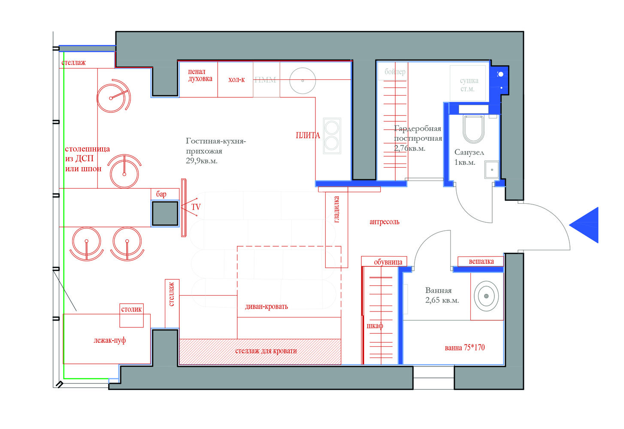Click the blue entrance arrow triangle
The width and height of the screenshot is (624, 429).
(586, 225)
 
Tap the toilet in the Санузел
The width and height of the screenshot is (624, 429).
(473, 129)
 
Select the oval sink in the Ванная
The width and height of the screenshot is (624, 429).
(486, 296)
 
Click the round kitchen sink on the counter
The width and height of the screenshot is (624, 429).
(303, 80)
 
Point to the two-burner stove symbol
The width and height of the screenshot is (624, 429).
(332, 136)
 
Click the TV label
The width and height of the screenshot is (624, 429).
(196, 207)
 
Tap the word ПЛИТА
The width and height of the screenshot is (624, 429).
(308, 136)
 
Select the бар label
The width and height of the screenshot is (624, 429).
(161, 194)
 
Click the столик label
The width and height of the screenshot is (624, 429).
(131, 309)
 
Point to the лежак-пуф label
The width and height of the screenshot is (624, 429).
(110, 341)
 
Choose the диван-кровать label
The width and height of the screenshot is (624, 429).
(267, 307)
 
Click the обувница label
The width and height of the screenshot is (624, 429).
(388, 262)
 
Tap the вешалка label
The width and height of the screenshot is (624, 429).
(481, 261)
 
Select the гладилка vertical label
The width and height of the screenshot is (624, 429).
(336, 209)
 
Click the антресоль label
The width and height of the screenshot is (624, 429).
(385, 222)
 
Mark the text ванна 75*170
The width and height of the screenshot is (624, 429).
(465, 347)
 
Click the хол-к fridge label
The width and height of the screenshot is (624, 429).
(236, 80)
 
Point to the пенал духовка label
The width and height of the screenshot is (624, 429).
(200, 75)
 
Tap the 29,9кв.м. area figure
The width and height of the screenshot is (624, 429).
(202, 161)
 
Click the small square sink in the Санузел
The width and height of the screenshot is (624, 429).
(492, 169)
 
